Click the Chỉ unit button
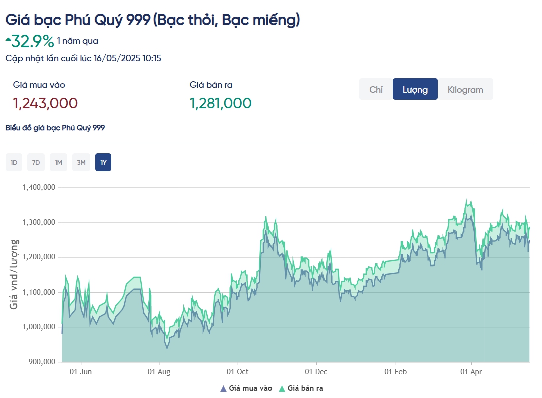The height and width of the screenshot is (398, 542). pos(376,89)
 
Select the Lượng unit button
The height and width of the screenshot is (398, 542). pos(415,89)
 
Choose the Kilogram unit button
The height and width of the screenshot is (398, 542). pos(465,89)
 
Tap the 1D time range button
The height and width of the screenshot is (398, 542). pos(14,162)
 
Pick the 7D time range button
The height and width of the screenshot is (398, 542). pos(36,162)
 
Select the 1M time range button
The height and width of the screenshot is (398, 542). pos(58,162)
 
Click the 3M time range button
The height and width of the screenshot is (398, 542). pos(81,162)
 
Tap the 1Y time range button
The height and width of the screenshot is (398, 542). pos(103,162)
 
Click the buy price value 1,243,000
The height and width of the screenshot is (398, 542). pos(45,103)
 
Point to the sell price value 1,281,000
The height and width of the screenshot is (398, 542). pos(220,103)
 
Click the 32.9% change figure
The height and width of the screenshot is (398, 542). pos(32,41)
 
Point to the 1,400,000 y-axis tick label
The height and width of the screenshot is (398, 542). pos(38,187)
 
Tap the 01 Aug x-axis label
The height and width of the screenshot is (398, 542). pos(159,372)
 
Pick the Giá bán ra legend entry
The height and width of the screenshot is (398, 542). pos(304,388)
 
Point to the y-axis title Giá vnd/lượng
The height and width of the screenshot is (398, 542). pos(15,274)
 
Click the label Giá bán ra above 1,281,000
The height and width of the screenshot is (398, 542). pos(211,85)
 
